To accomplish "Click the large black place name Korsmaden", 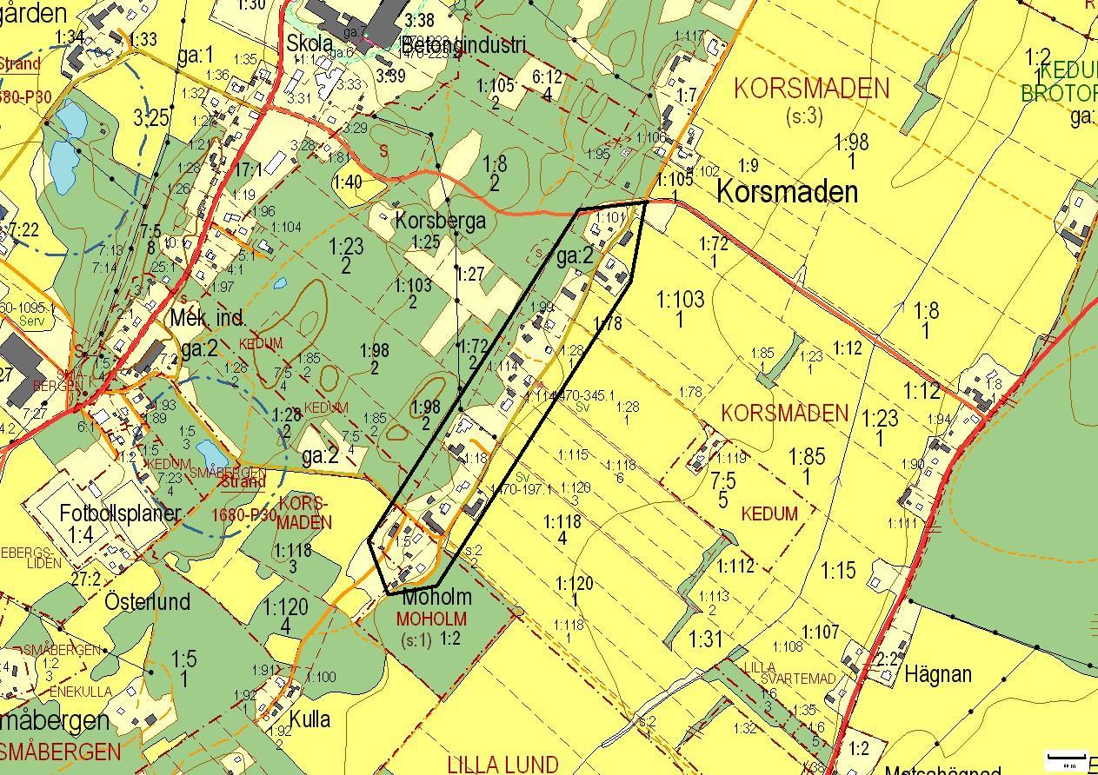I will point(787,192).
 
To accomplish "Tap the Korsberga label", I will point(440,220).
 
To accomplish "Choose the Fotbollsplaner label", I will point(120,513).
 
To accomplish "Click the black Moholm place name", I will point(436,598).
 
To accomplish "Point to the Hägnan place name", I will point(938,674).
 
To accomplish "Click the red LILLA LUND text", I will point(502,765).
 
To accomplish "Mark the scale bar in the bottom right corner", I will point(1067,758).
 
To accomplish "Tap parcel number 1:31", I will point(706,640).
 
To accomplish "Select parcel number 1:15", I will point(839,571).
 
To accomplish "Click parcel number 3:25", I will point(151,119).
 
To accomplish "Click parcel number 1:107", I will point(821,632).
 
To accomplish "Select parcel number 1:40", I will point(348,182).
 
